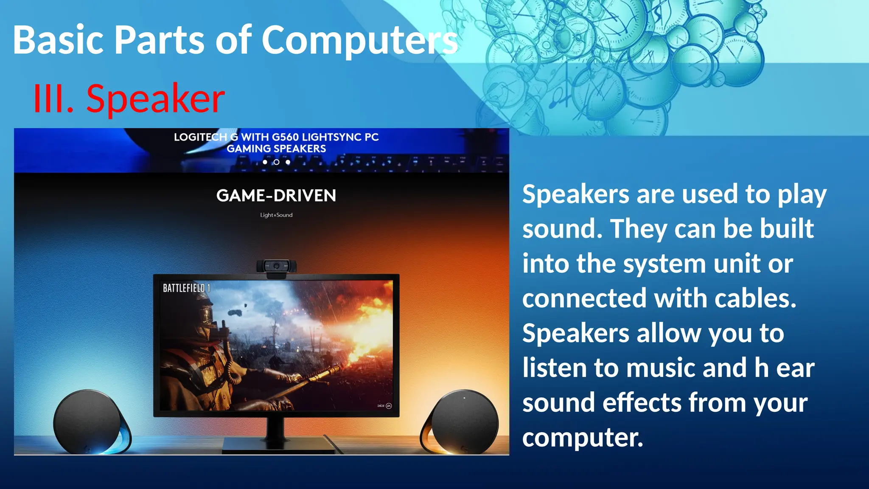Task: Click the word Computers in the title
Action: (x=359, y=40)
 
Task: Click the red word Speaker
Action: (x=155, y=99)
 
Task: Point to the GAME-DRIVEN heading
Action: (x=276, y=196)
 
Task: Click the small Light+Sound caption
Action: (x=276, y=215)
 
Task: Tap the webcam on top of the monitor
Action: (x=276, y=267)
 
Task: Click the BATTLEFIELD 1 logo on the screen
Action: (x=186, y=288)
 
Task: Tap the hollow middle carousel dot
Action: (x=276, y=162)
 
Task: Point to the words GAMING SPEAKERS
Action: (x=276, y=149)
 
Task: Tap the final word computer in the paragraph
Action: (x=582, y=437)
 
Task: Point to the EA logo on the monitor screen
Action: (x=389, y=406)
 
